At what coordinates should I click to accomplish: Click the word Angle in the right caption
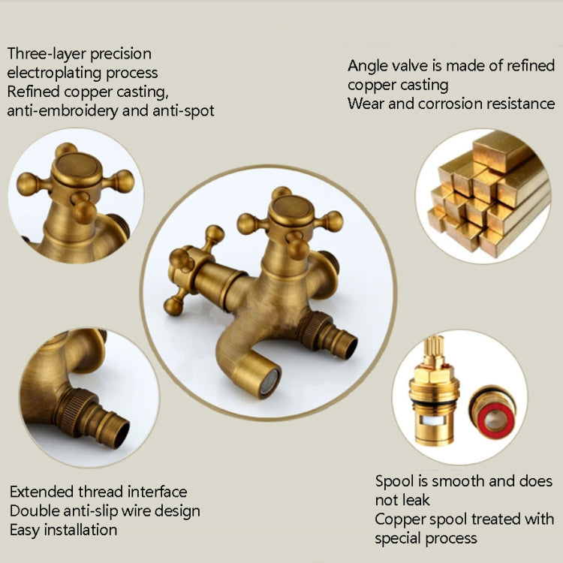pos(369,65)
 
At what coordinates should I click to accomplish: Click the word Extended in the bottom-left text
pos(41,492)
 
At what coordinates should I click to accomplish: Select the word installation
pos(80,530)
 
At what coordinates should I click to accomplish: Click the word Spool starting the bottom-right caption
pos(396,481)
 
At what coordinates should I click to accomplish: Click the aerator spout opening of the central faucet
pos(268,381)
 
